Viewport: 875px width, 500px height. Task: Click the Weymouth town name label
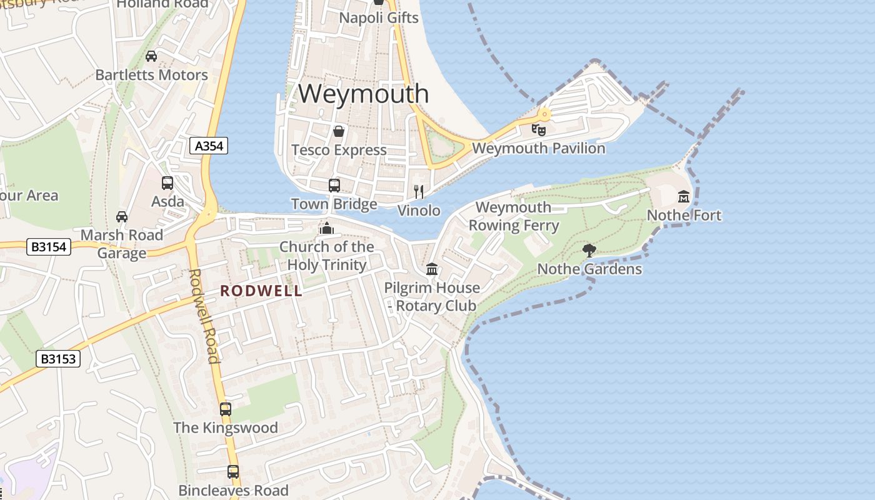click(x=363, y=94)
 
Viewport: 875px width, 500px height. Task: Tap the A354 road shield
click(x=209, y=146)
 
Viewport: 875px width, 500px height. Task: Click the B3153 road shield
click(x=59, y=359)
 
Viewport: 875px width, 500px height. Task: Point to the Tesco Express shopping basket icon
click(x=339, y=131)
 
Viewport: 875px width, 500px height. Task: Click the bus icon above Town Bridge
click(x=334, y=186)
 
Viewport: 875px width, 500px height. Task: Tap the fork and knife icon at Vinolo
click(x=419, y=191)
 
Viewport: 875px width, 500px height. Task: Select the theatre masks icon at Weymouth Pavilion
click(x=538, y=129)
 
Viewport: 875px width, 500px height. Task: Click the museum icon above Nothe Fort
click(x=684, y=197)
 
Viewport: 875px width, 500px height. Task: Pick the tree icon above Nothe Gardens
click(x=589, y=251)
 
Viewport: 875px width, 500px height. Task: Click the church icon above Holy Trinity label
click(x=326, y=228)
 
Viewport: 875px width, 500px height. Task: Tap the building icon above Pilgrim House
click(x=432, y=269)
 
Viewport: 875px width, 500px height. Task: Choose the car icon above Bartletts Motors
click(x=151, y=56)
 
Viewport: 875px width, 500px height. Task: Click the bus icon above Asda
click(x=167, y=183)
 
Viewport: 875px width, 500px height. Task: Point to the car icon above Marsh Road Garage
click(x=122, y=217)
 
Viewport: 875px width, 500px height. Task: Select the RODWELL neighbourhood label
click(x=261, y=291)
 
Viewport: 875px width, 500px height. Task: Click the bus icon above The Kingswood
click(x=226, y=409)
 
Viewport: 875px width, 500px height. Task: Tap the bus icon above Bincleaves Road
click(x=233, y=472)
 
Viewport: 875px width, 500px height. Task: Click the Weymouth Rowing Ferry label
click(x=514, y=216)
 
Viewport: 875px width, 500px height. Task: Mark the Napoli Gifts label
click(x=379, y=17)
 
